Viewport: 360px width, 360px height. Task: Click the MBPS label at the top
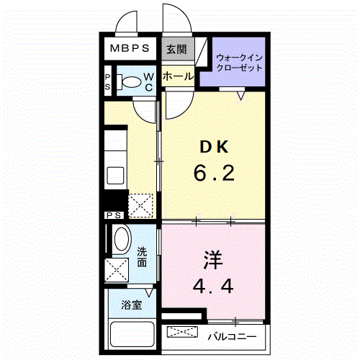coord(130,49)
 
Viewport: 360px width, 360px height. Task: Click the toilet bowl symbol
coord(130,81)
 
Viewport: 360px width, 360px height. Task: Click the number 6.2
coord(213,173)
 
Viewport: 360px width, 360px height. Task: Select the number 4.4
coord(213,285)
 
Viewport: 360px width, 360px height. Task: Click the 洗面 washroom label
coord(143,258)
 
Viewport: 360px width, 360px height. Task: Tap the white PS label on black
coord(114,215)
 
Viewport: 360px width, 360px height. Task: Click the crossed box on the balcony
coord(184,332)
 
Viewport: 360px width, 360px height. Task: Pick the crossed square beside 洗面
coord(117,271)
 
